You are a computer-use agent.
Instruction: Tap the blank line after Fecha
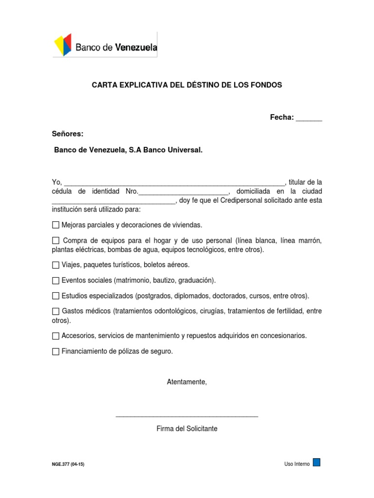(x=309, y=118)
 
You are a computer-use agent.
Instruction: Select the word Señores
(x=68, y=134)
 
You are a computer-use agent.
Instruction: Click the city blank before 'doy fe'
(x=113, y=201)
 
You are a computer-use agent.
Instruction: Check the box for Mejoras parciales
(x=56, y=225)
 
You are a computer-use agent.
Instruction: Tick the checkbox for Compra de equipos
(x=56, y=241)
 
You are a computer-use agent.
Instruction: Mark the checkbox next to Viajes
(x=56, y=265)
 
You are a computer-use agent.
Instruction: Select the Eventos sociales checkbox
(x=56, y=281)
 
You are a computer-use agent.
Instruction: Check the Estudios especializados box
(x=56, y=296)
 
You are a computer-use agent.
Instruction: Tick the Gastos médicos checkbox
(x=56, y=311)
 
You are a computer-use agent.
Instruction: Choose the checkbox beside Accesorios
(x=56, y=336)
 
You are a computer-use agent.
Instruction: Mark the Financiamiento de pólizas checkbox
(x=56, y=352)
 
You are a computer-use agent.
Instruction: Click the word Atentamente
(x=187, y=382)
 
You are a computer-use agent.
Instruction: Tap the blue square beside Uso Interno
(x=317, y=462)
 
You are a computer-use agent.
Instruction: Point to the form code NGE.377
(x=60, y=464)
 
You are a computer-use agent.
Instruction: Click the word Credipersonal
(x=241, y=200)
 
